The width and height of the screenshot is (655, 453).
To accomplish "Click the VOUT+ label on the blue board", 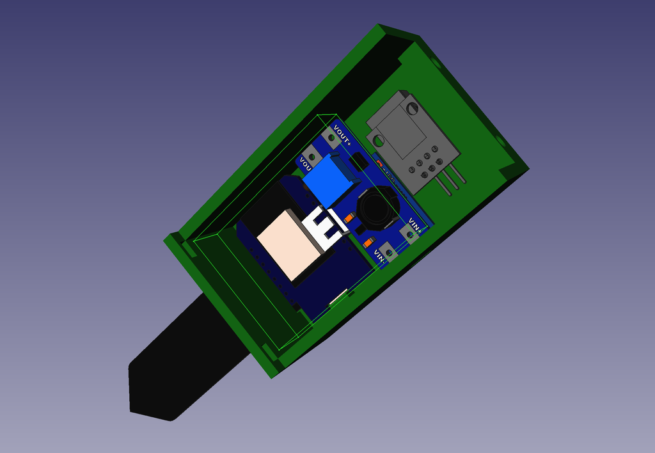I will point(342,136).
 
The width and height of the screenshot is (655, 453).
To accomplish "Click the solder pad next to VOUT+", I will point(331,137).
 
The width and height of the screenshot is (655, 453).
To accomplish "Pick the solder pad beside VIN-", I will point(388,252).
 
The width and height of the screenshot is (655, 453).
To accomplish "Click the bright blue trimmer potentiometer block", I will point(329,180).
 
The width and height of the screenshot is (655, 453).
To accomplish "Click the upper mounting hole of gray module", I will point(412,108).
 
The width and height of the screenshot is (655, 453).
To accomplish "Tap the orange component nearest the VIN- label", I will point(368,242).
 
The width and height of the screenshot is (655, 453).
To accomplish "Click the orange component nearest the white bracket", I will point(349,218).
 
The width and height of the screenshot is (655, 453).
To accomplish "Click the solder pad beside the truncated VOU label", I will point(312,155).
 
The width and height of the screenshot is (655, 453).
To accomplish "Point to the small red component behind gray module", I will point(379,164).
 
